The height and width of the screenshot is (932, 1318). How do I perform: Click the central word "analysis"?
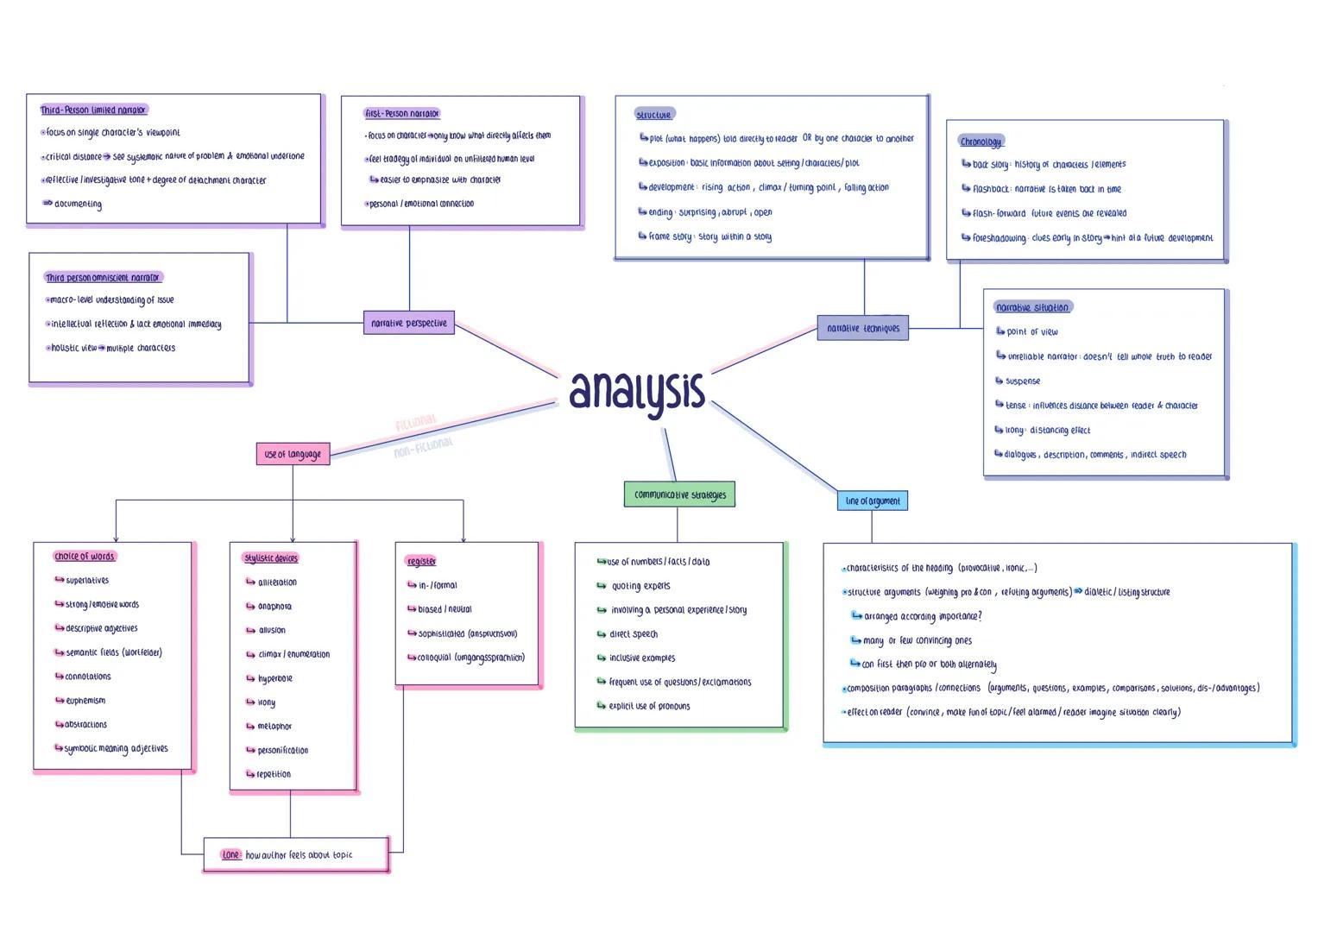637,392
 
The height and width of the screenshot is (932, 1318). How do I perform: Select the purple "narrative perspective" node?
409,323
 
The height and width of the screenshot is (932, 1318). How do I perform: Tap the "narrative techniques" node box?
862,328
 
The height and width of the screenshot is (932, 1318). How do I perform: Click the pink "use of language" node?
293,454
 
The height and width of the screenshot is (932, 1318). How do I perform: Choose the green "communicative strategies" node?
679,494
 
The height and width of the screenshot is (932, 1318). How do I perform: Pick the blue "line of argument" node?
872,501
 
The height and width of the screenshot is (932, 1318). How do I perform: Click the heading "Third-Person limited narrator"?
93,110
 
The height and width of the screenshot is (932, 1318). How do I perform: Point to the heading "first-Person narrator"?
402,113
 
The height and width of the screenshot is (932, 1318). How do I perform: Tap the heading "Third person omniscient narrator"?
103,278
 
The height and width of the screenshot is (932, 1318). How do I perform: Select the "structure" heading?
653,115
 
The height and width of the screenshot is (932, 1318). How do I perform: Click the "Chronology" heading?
981,142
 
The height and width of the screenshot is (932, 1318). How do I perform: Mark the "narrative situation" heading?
1032,307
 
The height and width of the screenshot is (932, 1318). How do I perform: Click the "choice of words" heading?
84,557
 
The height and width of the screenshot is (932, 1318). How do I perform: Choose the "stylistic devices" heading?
270,558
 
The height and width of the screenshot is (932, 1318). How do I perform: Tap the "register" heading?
421,562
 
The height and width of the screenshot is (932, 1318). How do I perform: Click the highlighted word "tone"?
230,855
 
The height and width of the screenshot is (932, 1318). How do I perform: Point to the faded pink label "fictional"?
416,423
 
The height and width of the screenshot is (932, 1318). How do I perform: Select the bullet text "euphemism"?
85,701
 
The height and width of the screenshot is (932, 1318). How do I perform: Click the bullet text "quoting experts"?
640,586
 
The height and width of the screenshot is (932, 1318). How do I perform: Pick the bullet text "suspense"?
1023,381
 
